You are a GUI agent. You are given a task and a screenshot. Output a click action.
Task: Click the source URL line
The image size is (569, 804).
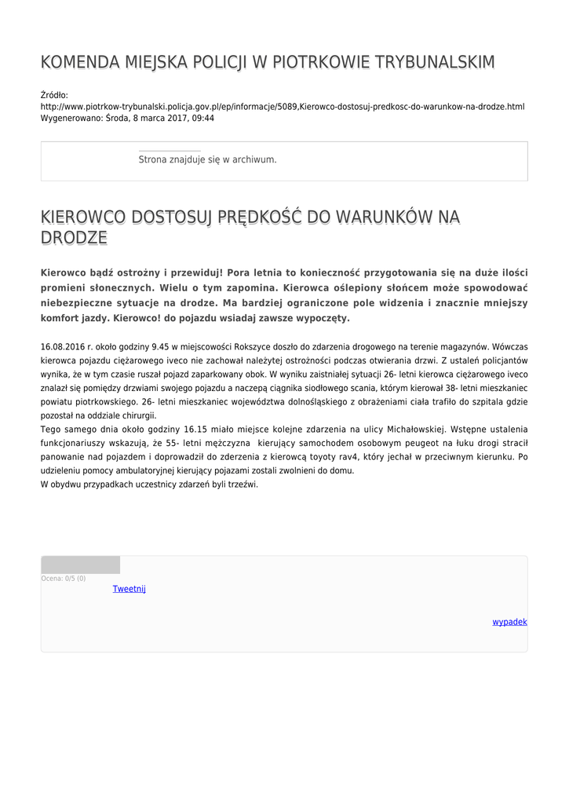pos(283,106)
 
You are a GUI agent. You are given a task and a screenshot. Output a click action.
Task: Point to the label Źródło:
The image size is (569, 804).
pos(54,94)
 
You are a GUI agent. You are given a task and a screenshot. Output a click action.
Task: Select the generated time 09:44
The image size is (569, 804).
pos(202,118)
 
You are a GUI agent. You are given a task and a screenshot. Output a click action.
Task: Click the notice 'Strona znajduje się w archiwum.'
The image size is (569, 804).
pos(207,159)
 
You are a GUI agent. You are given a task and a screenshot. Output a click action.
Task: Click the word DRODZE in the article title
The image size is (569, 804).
pos(73,238)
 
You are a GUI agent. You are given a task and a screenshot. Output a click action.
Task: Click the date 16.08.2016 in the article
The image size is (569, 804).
pos(62,346)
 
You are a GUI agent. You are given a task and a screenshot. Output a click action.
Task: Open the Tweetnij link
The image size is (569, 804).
pos(129,589)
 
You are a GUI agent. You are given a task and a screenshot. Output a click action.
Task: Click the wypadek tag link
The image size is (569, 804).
pos(509,622)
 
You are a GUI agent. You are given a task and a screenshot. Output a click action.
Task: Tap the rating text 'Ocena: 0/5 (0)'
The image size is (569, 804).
pos(64,579)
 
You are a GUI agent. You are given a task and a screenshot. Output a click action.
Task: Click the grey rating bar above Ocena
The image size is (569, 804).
pos(80,565)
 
